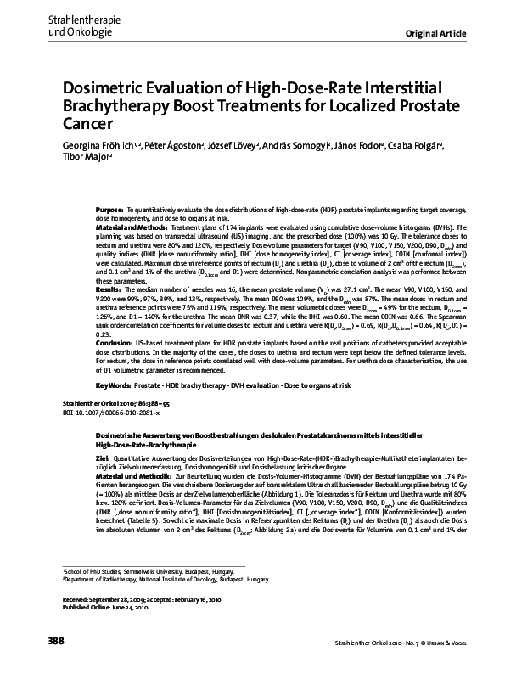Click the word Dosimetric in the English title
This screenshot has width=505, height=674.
point(106,87)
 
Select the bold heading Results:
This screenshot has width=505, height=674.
point(108,289)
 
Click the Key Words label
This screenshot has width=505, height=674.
point(115,385)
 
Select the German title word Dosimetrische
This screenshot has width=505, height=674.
point(126,434)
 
